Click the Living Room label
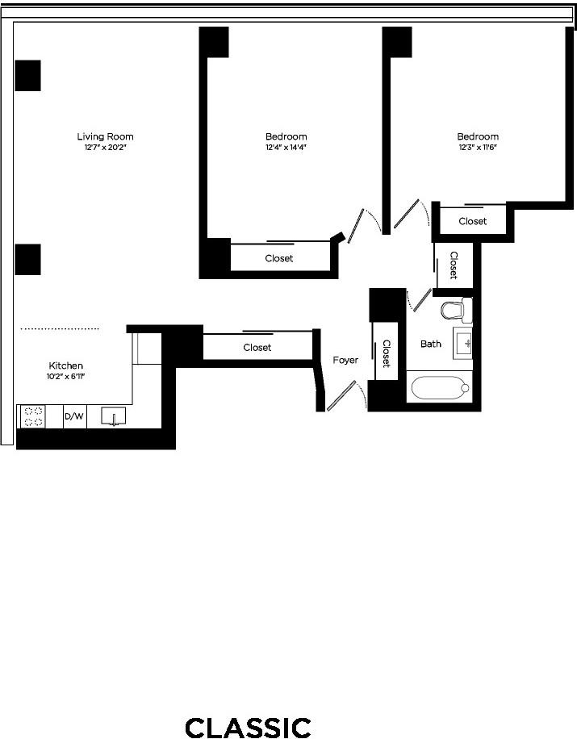click(105, 136)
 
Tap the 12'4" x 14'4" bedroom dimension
click(286, 148)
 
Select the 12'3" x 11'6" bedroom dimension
click(478, 148)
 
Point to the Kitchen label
click(66, 365)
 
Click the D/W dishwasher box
click(74, 416)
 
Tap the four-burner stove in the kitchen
click(33, 416)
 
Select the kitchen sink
click(114, 416)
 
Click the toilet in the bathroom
click(456, 310)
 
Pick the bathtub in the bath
click(441, 388)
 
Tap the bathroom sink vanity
click(462, 343)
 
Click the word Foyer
click(345, 361)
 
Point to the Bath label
click(431, 344)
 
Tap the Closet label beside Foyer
click(386, 353)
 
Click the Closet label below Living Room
click(257, 348)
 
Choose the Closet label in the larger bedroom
click(279, 258)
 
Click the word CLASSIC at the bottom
click(248, 728)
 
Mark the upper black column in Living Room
click(27, 75)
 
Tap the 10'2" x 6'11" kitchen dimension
click(65, 377)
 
